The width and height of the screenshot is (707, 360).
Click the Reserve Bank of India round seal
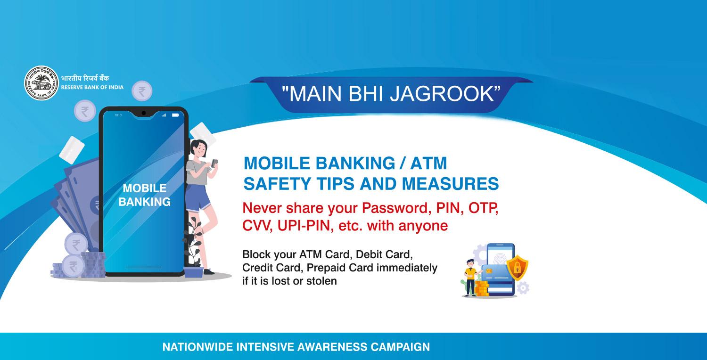point(41,83)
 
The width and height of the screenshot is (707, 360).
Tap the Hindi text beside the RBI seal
point(85,78)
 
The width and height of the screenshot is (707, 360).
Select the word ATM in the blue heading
point(428,163)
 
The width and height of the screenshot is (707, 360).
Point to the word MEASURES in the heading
point(451,184)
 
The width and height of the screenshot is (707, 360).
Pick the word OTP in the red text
point(483,208)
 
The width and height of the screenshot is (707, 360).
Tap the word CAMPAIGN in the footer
point(400,347)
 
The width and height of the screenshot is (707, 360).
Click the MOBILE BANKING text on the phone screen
point(145,195)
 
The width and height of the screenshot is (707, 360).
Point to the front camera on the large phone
point(144,113)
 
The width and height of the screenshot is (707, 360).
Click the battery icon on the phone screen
point(175,115)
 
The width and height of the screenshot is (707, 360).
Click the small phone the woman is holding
point(214,164)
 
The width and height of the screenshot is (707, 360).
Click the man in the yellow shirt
point(470,278)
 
